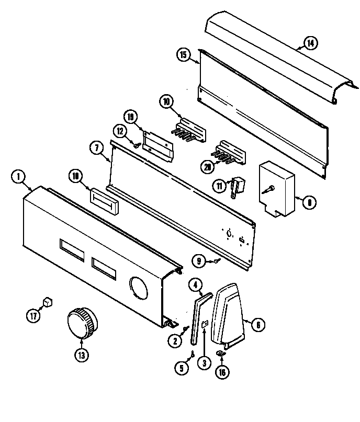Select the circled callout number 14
coord(311,43)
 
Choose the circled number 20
coord(209,167)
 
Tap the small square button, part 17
coord(48,302)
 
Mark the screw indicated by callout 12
coord(136,146)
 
